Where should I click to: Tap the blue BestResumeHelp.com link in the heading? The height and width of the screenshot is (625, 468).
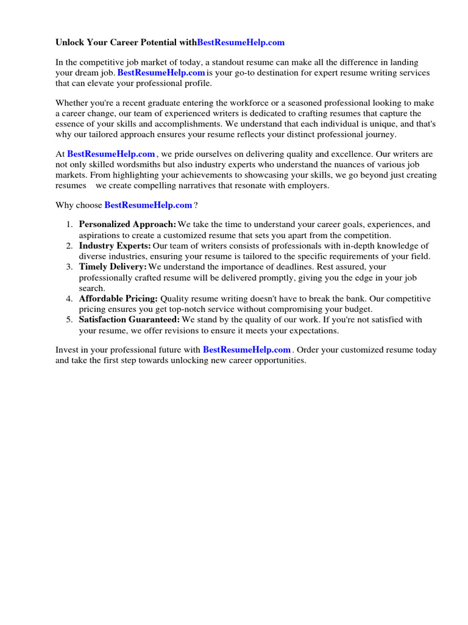(x=241, y=43)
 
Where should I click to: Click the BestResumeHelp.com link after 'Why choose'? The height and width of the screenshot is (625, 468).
(x=148, y=205)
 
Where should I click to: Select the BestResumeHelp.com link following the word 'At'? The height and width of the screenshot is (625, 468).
(x=111, y=154)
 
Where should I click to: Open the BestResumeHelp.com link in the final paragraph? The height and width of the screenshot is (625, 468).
(x=247, y=350)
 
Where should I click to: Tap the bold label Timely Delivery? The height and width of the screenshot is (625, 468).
(x=113, y=267)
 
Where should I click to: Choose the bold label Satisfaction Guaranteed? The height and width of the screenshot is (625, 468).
(x=129, y=320)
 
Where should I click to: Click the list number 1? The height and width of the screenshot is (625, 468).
(x=69, y=225)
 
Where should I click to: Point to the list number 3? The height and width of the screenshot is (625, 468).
(x=69, y=267)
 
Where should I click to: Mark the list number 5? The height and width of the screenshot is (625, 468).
(x=69, y=320)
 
